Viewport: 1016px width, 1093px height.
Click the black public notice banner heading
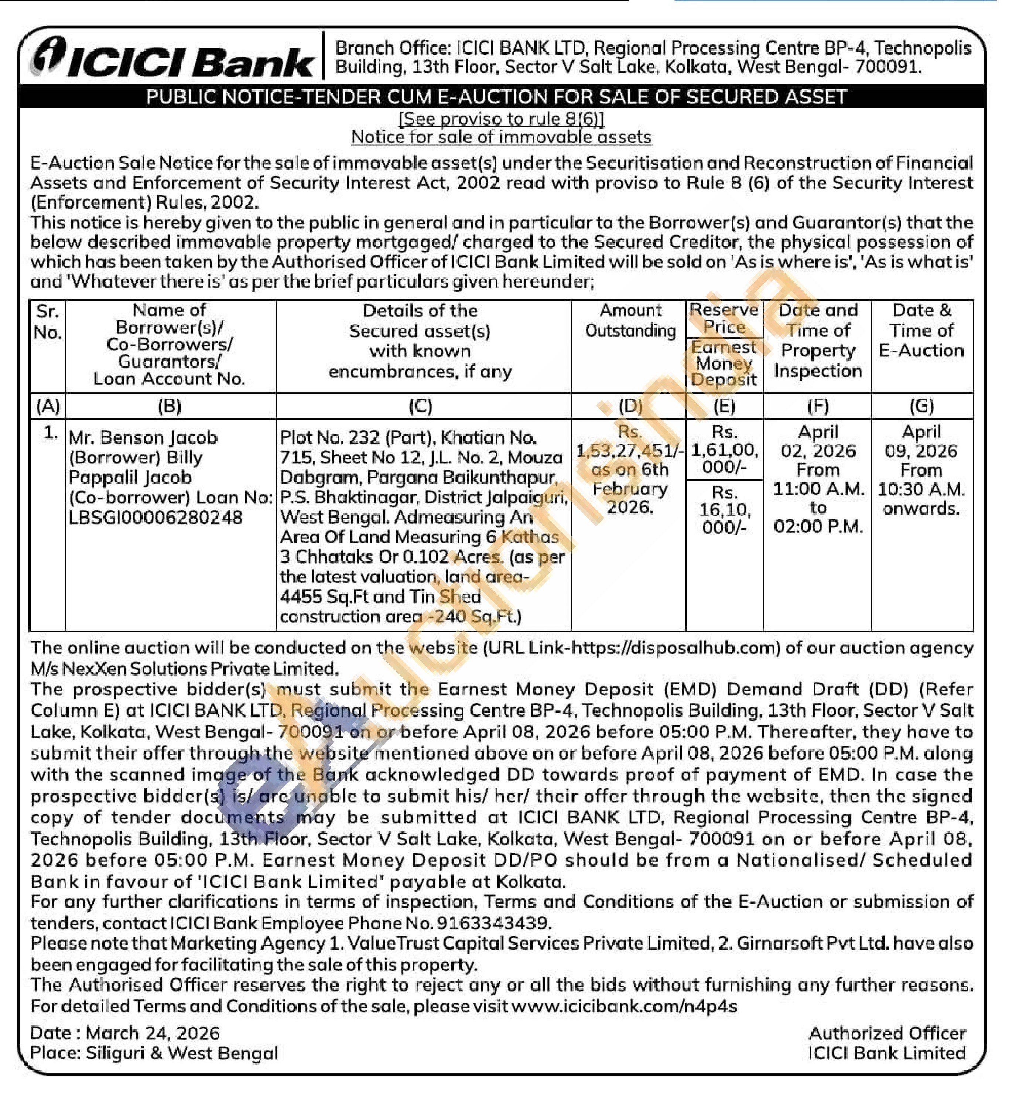[x=496, y=97]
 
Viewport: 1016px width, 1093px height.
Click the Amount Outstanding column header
[x=630, y=321]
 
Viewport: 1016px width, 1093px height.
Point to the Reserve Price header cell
[x=724, y=319]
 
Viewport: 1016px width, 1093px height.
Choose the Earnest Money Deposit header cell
[x=724, y=364]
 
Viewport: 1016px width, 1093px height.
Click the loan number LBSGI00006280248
[x=155, y=518]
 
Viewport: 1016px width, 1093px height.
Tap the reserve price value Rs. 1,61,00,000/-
[x=725, y=450]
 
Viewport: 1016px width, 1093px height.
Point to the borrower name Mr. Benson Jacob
[x=143, y=438]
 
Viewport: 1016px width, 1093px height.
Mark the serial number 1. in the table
[x=51, y=434]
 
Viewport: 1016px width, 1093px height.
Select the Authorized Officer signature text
[x=886, y=1033]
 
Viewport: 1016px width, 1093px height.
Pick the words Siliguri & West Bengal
[x=181, y=1053]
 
